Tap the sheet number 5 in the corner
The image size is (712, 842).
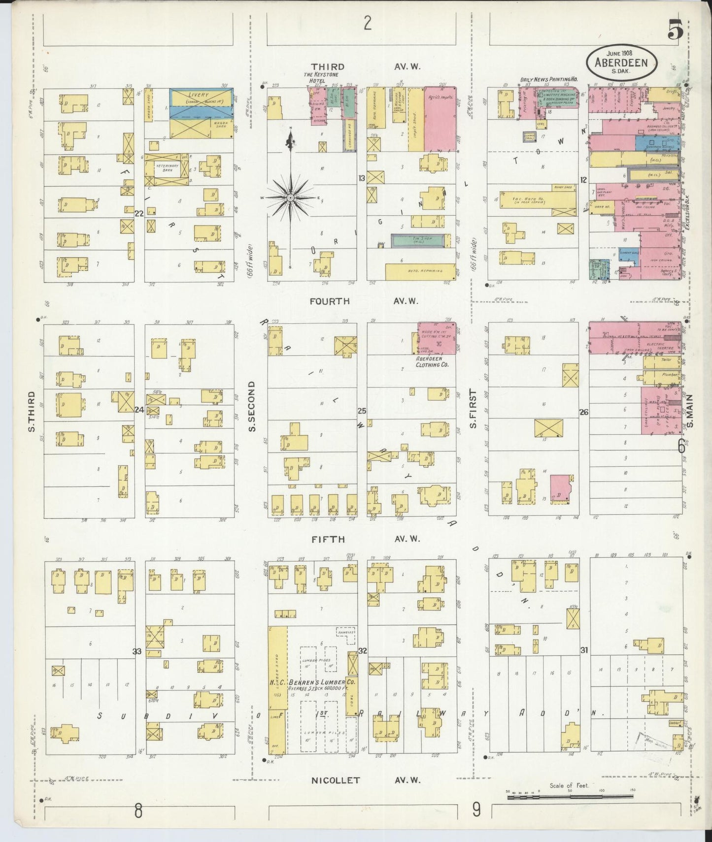point(675,32)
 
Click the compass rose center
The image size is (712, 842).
point(291,198)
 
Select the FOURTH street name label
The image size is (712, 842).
point(330,301)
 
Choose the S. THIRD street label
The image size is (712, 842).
point(32,412)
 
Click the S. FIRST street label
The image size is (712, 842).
point(473,408)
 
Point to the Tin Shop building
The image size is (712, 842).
point(420,241)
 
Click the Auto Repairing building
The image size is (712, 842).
point(420,271)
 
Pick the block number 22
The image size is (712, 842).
point(139,213)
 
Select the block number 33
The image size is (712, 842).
point(137,651)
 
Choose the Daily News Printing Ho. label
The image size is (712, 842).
point(549,79)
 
